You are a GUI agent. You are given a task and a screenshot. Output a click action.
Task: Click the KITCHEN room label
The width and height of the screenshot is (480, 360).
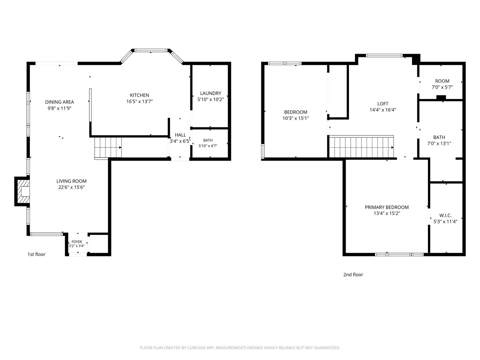coord(139,95)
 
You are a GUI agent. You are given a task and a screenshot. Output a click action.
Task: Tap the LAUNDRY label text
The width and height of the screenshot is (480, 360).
coord(211,93)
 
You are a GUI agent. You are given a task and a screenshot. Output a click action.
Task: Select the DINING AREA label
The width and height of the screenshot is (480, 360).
coord(59,102)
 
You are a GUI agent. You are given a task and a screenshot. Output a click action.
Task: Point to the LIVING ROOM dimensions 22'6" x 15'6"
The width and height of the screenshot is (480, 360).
coord(72,187)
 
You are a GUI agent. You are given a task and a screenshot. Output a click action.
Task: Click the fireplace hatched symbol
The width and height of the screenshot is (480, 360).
coord(23,191)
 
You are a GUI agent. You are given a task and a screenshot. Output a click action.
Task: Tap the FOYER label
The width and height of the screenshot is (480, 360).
coord(77,242)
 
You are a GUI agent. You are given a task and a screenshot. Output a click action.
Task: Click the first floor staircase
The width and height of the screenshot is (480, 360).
coord(108,148)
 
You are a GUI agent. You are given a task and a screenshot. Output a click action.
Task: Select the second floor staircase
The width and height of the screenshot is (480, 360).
coord(361,146)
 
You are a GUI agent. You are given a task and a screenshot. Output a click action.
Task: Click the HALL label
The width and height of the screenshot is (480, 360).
coord(180,135)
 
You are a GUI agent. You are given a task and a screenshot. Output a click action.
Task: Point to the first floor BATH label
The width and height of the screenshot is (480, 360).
coord(208,140)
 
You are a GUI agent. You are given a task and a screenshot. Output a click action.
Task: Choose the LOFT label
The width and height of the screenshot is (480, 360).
coord(383,104)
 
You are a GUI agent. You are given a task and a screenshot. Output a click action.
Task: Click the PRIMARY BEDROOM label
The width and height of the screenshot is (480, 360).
coord(387,207)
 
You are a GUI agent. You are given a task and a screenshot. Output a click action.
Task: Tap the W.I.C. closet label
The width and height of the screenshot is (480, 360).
coord(445,216)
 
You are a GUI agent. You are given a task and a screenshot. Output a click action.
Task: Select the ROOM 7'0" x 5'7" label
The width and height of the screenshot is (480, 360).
coord(442,84)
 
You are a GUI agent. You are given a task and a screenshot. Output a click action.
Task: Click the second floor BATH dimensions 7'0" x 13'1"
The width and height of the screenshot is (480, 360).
coord(439,144)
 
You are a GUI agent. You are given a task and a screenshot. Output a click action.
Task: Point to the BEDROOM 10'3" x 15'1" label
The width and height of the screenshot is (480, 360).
coord(296,115)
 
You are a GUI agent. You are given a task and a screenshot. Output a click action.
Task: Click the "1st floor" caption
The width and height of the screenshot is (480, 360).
coord(36,254)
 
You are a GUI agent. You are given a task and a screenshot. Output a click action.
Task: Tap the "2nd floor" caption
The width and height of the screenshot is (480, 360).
coord(353,275)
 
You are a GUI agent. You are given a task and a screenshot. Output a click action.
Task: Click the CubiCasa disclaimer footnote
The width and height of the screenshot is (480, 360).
coord(240,348)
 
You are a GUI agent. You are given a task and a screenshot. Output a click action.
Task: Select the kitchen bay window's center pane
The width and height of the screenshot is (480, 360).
coord(151,50)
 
